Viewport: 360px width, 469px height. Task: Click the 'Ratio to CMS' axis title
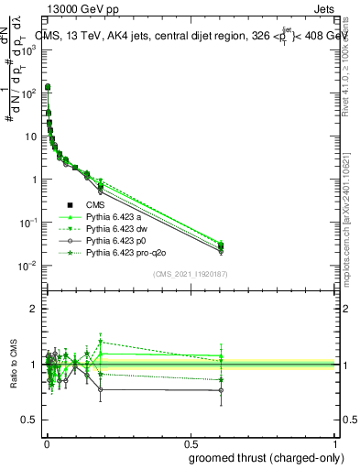point(16,366)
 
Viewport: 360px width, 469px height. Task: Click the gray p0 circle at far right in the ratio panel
point(221,390)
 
